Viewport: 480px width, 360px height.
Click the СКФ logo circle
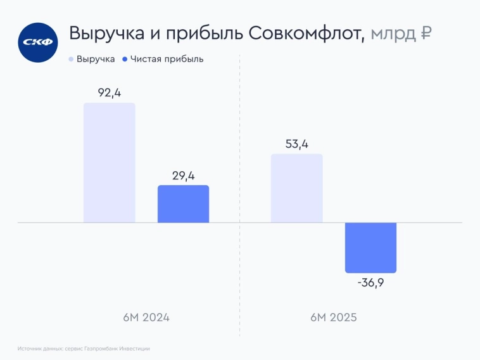[x=38, y=42]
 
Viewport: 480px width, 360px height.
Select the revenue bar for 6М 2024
[x=110, y=163]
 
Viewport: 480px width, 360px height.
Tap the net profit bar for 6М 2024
[x=183, y=203]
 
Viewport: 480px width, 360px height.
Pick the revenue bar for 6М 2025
[x=296, y=188]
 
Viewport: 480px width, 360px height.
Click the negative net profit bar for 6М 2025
[x=370, y=247]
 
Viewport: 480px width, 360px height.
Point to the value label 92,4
[x=110, y=93]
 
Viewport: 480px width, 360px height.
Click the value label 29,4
[x=183, y=176]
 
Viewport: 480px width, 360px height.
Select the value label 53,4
[x=296, y=144]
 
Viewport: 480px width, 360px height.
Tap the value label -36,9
[x=370, y=283]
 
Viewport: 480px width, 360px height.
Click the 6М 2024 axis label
[x=146, y=317]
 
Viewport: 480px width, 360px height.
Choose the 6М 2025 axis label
[x=334, y=317]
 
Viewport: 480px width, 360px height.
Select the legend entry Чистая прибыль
[x=167, y=59]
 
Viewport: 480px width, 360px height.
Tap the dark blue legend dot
[x=125, y=59]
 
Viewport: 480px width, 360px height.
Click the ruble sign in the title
[x=426, y=34]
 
